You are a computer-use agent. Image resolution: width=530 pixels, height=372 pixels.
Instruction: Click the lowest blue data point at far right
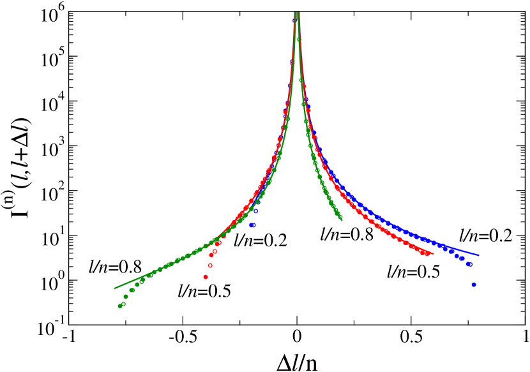pos(473,285)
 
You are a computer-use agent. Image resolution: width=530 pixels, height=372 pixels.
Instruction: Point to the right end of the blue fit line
pos(479,255)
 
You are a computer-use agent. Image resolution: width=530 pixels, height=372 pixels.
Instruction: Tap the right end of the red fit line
pos(434,254)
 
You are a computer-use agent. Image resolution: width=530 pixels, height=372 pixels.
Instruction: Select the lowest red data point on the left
pos(206,277)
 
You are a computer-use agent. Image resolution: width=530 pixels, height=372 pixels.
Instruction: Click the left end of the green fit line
pos(114,288)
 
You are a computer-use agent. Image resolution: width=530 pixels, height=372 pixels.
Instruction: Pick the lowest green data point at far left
pos(119,306)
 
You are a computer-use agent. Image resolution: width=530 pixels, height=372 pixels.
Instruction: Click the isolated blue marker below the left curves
pos(253,225)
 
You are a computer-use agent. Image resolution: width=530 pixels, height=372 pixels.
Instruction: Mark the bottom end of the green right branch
pos(341,219)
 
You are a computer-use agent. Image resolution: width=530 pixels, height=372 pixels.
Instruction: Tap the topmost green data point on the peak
pos(299,40)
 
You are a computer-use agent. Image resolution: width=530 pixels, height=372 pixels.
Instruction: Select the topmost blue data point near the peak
pos(294,21)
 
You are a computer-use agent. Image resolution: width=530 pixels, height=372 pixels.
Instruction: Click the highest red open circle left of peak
pos(292,63)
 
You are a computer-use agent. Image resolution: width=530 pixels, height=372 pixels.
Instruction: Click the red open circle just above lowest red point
pos(210,265)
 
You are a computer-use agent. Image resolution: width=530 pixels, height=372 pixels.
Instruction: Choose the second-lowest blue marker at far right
pos(469,264)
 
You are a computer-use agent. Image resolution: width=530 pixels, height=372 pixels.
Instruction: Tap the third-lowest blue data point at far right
pos(462,258)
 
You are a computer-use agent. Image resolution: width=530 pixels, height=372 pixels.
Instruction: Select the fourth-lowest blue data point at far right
pos(457,255)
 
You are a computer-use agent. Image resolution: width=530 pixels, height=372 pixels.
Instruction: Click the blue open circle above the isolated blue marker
pos(255,211)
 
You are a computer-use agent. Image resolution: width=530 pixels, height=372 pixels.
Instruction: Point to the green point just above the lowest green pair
pos(126,296)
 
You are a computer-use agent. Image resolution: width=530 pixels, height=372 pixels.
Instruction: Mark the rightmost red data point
pos(427,253)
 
